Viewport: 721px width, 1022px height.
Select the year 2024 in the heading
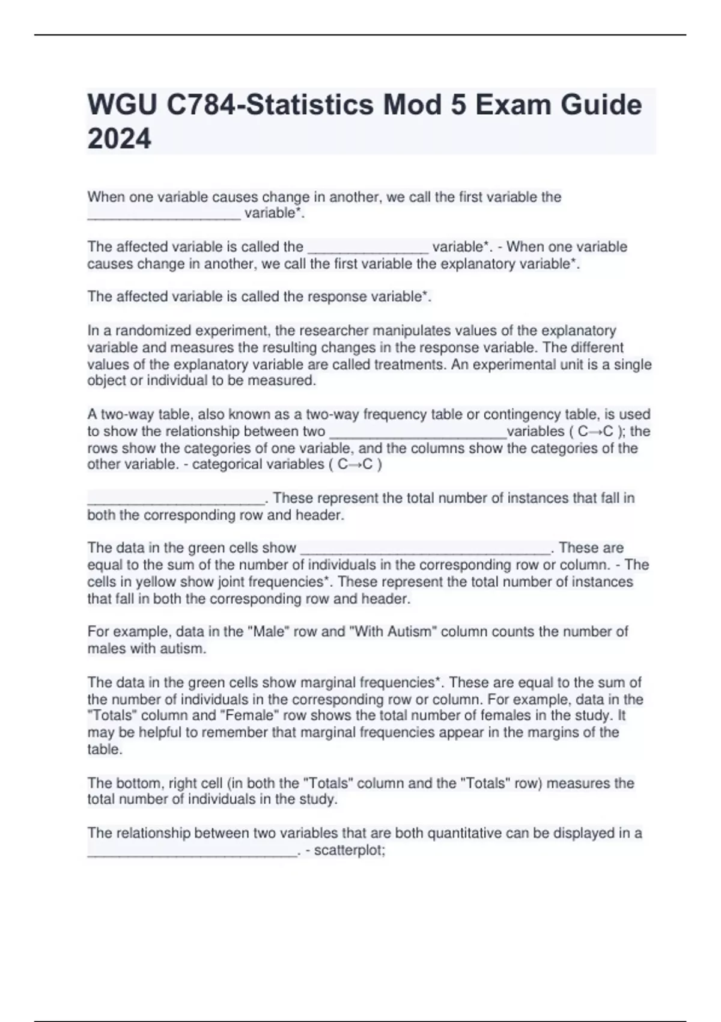click(x=119, y=139)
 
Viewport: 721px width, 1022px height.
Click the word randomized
click(x=148, y=331)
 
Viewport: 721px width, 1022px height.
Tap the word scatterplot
click(x=348, y=851)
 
